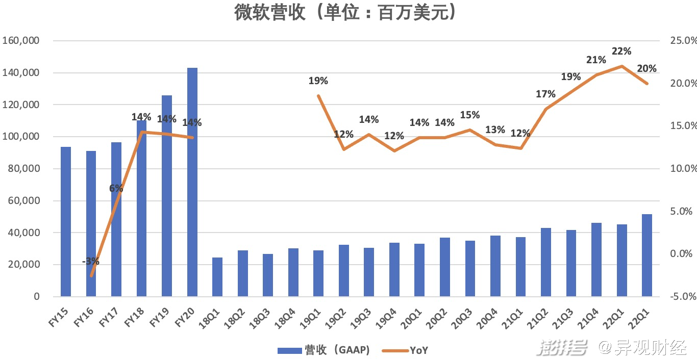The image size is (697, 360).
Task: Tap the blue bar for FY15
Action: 66,221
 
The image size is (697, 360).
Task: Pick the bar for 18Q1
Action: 217,277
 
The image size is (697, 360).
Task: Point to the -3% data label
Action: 91,262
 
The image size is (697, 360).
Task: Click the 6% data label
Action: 116,188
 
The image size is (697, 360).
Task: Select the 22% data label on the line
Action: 622,51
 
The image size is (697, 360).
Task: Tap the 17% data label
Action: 545,94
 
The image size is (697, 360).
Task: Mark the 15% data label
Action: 470,115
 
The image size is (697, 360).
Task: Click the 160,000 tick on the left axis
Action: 21,41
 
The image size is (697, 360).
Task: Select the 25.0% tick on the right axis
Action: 683,41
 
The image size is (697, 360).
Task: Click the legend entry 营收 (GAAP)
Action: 323,350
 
